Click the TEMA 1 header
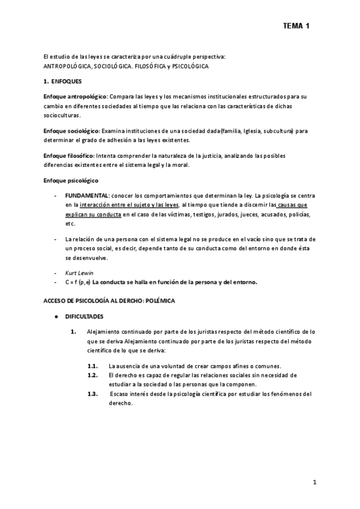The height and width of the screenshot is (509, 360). pos(296,26)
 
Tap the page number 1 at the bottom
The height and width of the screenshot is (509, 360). pos(314,482)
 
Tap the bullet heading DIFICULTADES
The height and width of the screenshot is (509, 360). pos(84,316)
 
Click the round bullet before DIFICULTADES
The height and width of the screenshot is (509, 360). pos(56,316)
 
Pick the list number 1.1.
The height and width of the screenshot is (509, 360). pos(92,366)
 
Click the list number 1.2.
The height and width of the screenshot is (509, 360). pos(92,375)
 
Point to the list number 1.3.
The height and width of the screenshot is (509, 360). pos(92,394)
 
